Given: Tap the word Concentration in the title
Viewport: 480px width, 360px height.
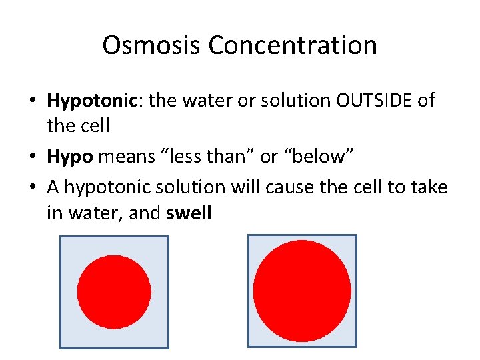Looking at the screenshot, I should click(x=293, y=45).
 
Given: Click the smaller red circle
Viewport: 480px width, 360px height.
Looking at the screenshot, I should click(x=114, y=292).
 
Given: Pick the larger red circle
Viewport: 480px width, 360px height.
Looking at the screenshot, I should click(x=302, y=291).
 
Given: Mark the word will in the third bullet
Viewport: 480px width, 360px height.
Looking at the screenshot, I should click(x=246, y=188).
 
